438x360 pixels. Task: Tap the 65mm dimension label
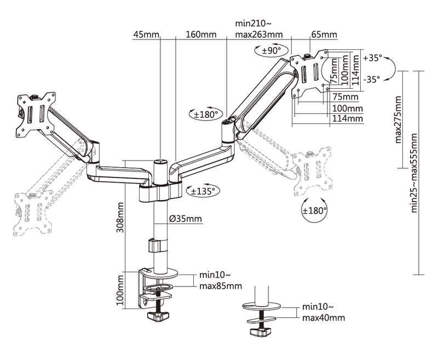(x=324, y=35)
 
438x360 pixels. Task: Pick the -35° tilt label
(x=372, y=79)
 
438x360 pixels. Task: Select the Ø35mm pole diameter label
(x=186, y=220)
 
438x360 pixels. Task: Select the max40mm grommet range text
(x=324, y=317)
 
